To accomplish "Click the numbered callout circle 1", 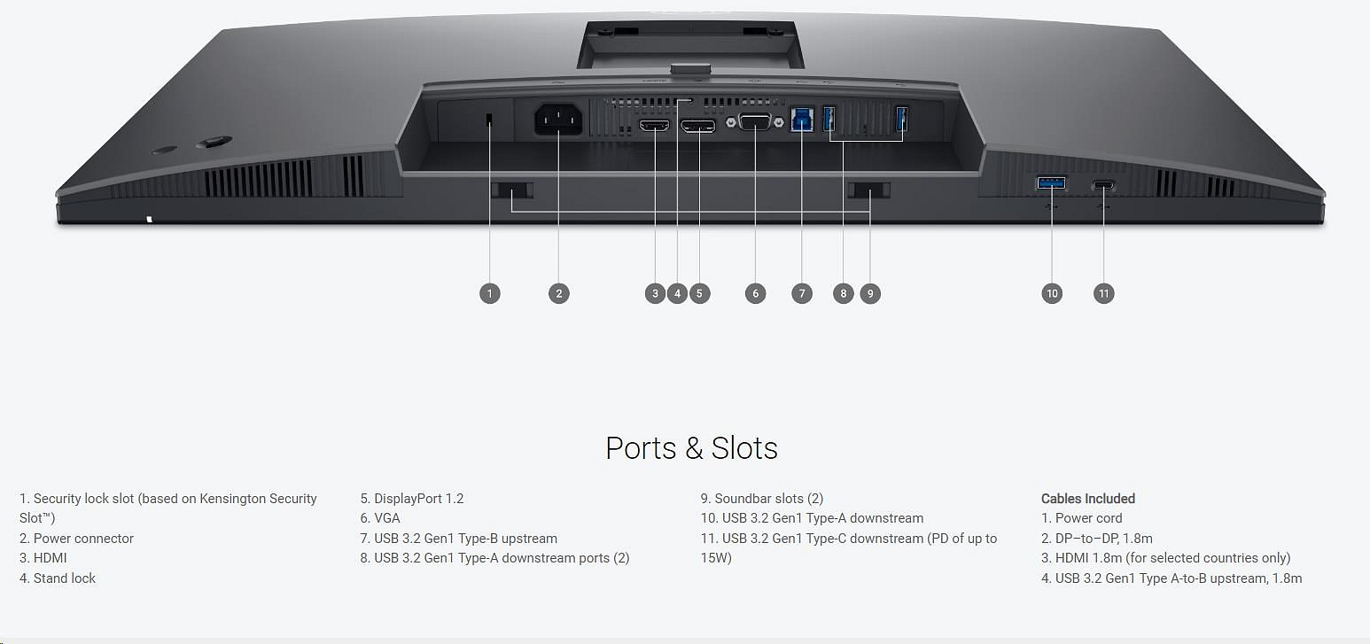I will tap(489, 293).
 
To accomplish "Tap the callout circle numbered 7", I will tap(801, 293).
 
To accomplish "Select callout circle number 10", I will tap(1052, 293).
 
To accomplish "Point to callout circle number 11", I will tap(1103, 293).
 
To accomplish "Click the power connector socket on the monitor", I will tap(558, 120).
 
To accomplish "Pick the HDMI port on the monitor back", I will tap(654, 127).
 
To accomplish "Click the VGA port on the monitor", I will tap(753, 122).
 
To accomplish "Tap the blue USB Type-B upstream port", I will tap(801, 120).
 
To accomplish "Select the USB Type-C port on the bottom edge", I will tap(1104, 185).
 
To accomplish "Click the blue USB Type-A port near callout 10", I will tap(1052, 183).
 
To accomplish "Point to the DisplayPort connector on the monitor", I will tap(698, 127).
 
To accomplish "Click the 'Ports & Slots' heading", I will tap(691, 448).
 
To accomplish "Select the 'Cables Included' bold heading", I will tap(1087, 499).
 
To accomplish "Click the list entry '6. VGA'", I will tap(380, 518).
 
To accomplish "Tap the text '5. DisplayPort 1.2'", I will tap(412, 499).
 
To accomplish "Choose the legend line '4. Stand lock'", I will tap(58, 578).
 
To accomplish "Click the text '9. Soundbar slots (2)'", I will tap(762, 499).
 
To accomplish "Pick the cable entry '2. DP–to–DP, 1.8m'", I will tap(1096, 539).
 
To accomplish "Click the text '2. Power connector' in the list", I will tap(76, 539).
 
